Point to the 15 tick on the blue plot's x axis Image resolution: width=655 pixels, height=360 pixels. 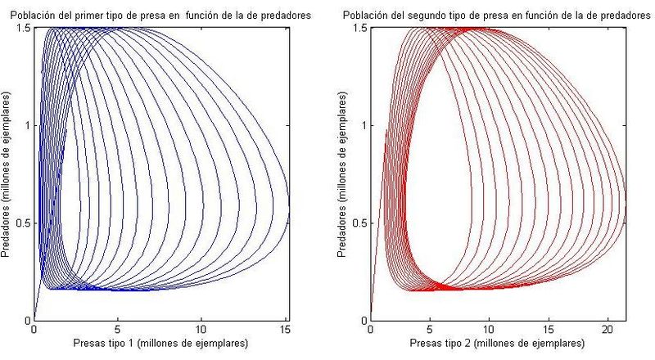[x=285, y=329]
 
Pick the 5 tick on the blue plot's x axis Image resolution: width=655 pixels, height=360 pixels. [x=117, y=329]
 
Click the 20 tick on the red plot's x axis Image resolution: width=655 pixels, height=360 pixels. [x=607, y=329]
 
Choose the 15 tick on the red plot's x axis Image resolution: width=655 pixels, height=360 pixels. [x=548, y=329]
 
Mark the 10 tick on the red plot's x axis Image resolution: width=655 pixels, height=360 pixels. [x=489, y=329]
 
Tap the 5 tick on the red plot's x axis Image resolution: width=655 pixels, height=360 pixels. [x=431, y=329]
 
